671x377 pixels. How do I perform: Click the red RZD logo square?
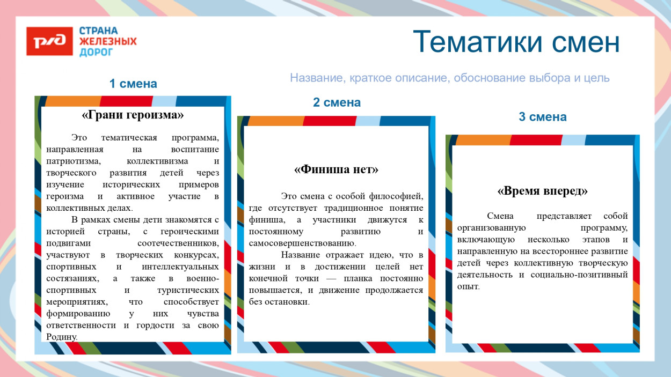click(49, 41)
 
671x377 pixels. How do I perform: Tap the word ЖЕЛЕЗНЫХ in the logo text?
click(108, 41)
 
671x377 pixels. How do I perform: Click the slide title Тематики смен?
click(516, 42)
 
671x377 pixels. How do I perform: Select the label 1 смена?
click(133, 84)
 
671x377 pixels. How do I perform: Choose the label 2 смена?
click(337, 102)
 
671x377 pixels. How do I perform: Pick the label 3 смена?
click(542, 117)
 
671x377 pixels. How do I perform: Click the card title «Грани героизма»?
click(133, 115)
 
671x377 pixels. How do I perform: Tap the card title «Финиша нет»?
click(336, 169)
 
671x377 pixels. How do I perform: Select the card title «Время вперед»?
click(542, 191)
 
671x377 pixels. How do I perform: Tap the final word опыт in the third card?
click(468, 287)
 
